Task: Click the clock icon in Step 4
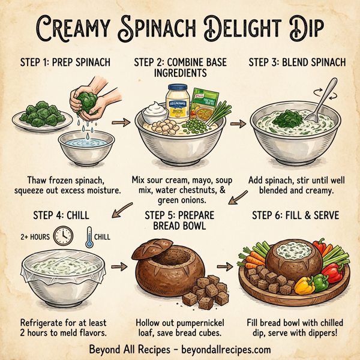pos(62,235)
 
